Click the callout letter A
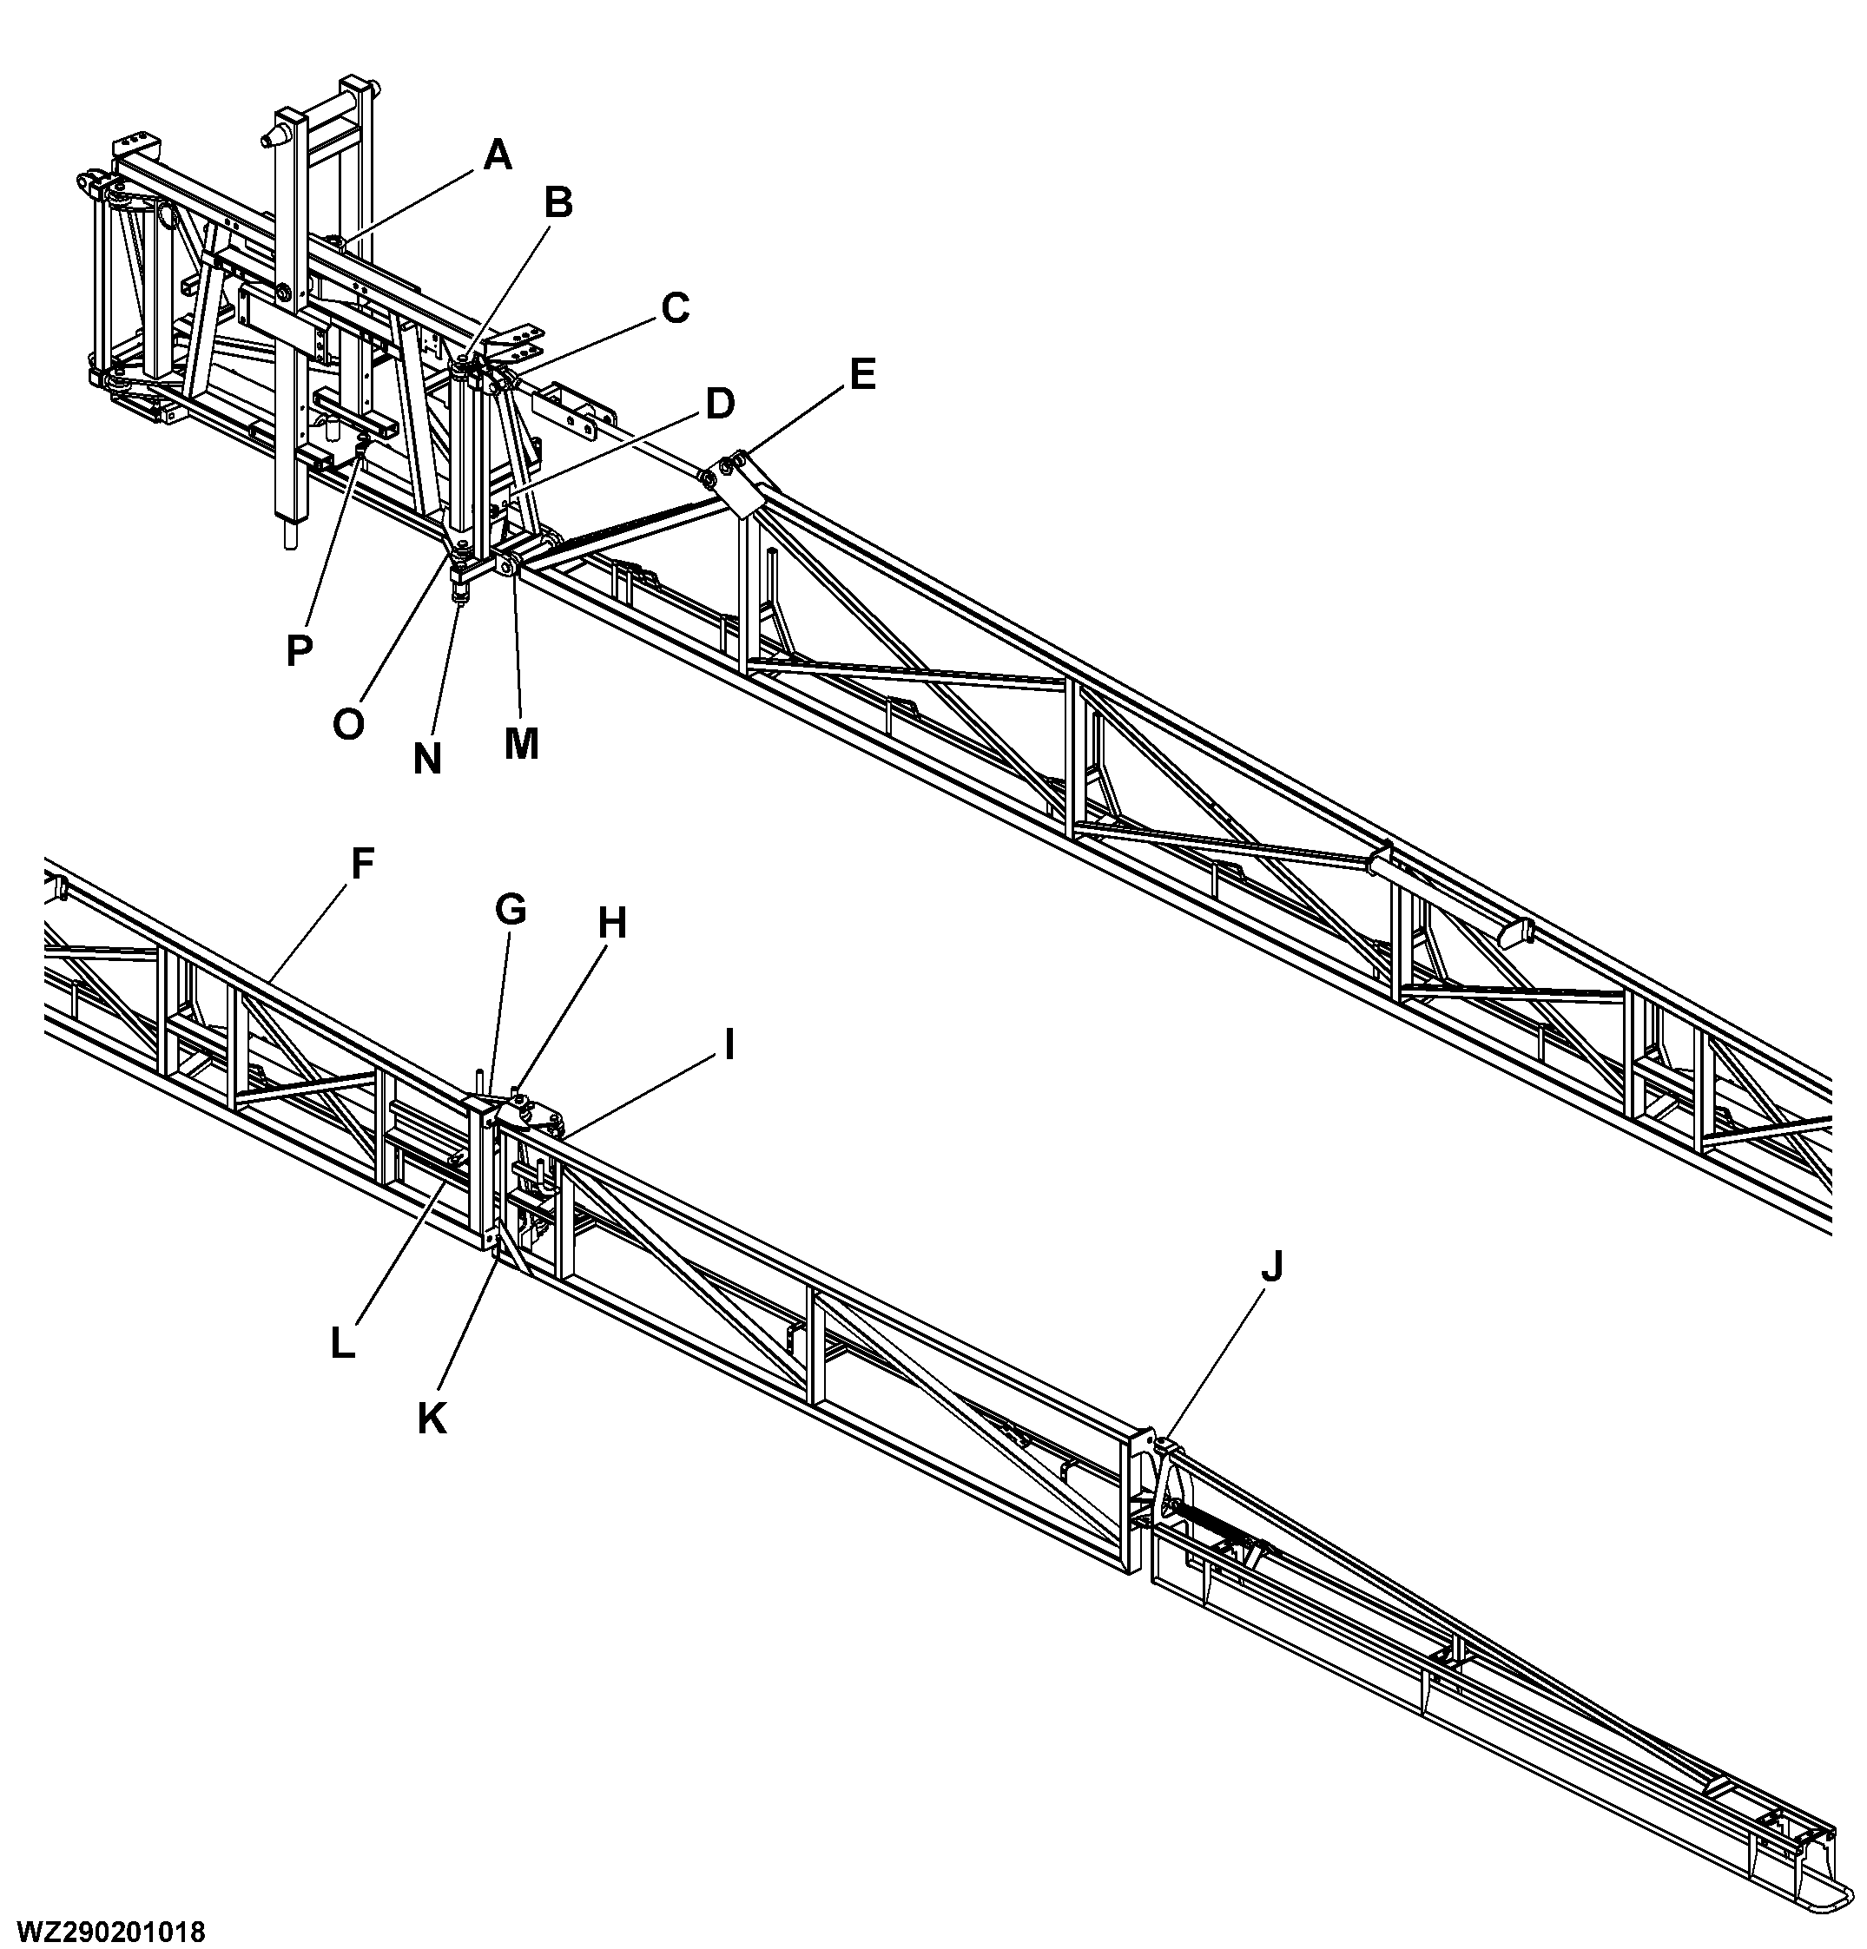click(498, 155)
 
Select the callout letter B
click(558, 203)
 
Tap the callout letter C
click(675, 308)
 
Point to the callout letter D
click(719, 405)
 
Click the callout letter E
click(862, 375)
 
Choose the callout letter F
click(362, 864)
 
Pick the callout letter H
click(611, 924)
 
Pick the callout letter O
click(348, 725)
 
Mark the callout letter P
click(299, 650)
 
